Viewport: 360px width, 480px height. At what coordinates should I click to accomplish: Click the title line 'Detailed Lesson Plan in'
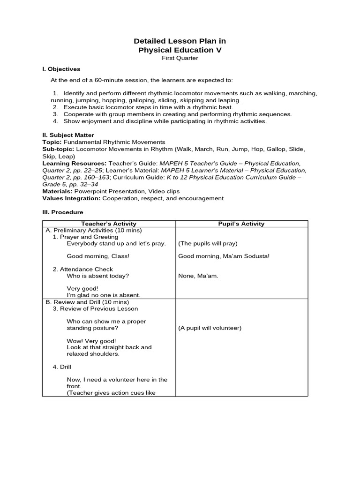coord(180,41)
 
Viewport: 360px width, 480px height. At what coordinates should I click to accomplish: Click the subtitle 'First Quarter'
coord(180,58)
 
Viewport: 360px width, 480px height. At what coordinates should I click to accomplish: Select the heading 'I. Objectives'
coord(61,69)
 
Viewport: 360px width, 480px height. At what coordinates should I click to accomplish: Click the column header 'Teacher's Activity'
coord(109,224)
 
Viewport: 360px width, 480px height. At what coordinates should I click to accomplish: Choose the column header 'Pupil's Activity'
coord(241,224)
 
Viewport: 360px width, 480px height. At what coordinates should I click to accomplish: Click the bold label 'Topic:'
coord(52,142)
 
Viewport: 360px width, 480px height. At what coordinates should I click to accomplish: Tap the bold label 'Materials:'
coord(57,191)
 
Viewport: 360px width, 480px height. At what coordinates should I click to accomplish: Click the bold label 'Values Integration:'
coord(71,198)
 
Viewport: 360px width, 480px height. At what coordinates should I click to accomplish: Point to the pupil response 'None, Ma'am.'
coord(198,276)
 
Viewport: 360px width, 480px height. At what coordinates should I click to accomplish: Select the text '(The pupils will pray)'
coord(208,243)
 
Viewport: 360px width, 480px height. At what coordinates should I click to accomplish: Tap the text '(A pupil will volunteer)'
coord(210,328)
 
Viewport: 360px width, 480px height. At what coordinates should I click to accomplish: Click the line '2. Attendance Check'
coord(83,269)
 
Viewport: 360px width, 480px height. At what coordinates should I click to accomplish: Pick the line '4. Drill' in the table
coord(62,367)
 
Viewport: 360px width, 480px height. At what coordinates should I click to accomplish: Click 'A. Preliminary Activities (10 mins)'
coord(94,230)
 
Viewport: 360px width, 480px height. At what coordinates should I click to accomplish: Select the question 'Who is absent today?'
coord(97,276)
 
